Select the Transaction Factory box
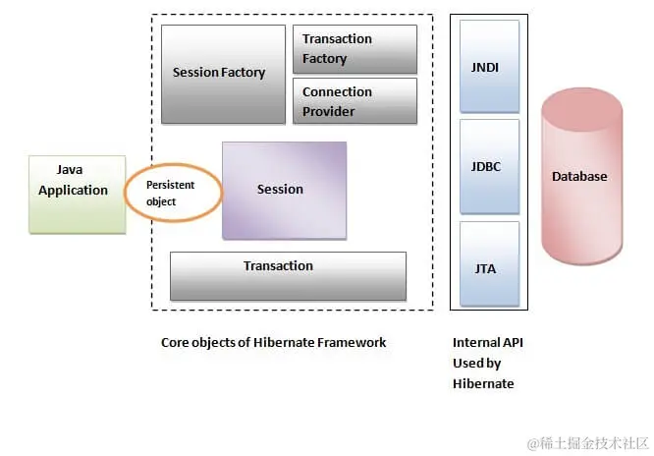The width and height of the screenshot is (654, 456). [x=354, y=49]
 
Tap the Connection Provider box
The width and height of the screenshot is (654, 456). [x=354, y=101]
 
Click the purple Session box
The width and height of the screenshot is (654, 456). [x=284, y=190]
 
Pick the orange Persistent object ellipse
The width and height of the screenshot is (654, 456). [x=174, y=193]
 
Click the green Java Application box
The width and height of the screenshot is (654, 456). [x=78, y=193]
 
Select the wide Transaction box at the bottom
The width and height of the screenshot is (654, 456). [x=288, y=275]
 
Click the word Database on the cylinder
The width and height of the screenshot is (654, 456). [x=579, y=177]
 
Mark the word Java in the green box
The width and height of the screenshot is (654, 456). [x=72, y=171]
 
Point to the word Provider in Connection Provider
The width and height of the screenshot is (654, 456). [x=328, y=111]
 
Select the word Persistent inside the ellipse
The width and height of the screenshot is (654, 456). [x=171, y=185]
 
